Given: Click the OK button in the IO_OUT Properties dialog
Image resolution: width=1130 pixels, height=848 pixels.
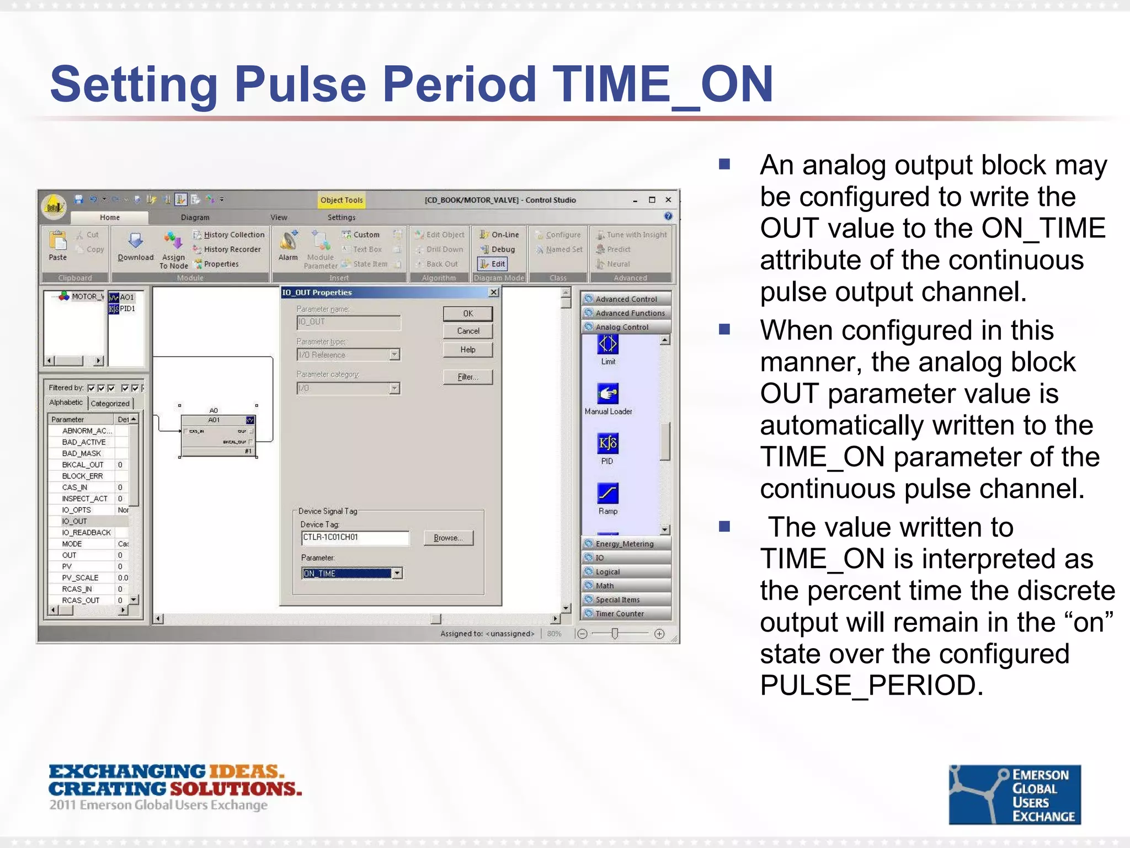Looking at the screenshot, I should [x=467, y=314].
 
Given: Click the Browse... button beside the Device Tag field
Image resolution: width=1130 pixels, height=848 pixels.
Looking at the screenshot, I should [x=448, y=538].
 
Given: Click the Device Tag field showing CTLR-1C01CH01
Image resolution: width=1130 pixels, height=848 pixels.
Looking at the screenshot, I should [x=355, y=537].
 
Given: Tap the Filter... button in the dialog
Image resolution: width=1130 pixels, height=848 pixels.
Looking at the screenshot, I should [x=467, y=377].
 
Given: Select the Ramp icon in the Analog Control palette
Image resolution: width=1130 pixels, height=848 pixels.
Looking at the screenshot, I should [x=607, y=494].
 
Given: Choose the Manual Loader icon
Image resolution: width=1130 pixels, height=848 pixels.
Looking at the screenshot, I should [x=607, y=394].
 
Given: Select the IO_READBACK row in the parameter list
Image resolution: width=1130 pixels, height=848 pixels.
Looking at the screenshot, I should [x=87, y=532].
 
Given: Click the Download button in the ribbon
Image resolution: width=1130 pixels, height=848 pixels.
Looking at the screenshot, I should [x=135, y=246].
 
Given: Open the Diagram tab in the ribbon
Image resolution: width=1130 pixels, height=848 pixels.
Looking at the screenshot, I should [x=195, y=218].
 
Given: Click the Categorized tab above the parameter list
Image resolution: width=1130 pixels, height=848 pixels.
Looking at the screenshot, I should [x=110, y=404].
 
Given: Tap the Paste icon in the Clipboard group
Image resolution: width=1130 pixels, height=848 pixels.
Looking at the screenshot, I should [x=57, y=246].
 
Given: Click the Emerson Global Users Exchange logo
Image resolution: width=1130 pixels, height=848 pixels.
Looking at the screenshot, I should [x=1014, y=794].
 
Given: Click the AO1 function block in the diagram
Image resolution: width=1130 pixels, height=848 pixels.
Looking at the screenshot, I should [x=218, y=436].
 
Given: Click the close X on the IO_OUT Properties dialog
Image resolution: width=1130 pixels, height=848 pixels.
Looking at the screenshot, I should [x=494, y=292].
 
